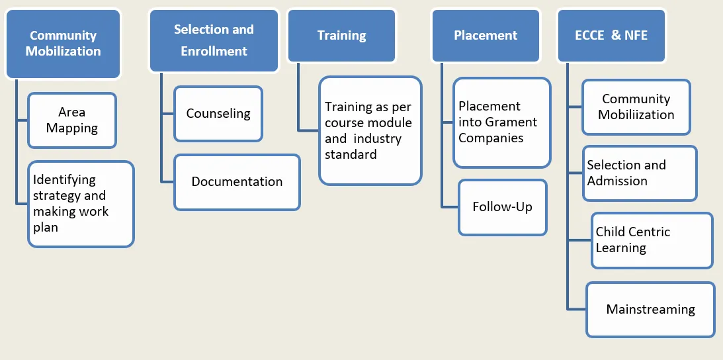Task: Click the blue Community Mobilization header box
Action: tap(64, 44)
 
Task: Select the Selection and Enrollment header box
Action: tap(214, 40)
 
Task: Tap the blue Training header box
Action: tap(341, 36)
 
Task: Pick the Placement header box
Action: tap(486, 36)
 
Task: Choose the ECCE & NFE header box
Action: tap(611, 36)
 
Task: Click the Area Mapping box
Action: tap(72, 120)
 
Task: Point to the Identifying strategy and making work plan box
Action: tap(81, 204)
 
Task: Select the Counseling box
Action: tap(218, 113)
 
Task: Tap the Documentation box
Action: tap(237, 181)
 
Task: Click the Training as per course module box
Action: tap(370, 130)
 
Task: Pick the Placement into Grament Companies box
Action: tap(501, 122)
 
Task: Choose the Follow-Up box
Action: tap(503, 207)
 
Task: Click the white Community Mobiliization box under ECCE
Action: tap(636, 107)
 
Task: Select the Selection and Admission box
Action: tap(640, 173)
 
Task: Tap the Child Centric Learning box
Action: tap(652, 240)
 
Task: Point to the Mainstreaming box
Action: tap(650, 309)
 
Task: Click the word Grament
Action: tap(511, 122)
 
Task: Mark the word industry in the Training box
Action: tap(376, 138)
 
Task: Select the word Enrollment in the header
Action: tap(214, 51)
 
